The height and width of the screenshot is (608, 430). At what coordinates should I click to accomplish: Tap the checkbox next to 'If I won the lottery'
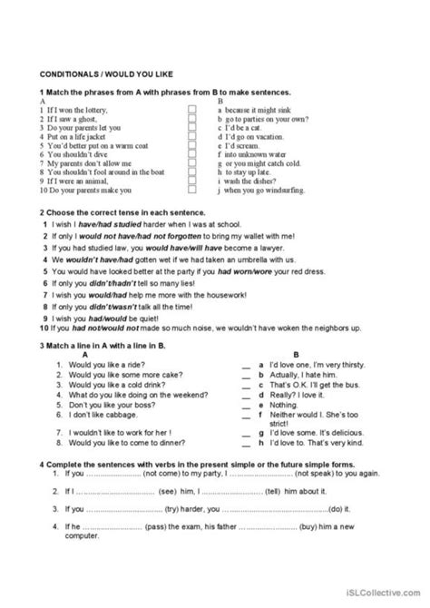(191, 109)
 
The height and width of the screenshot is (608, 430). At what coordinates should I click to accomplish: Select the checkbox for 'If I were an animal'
(191, 181)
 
